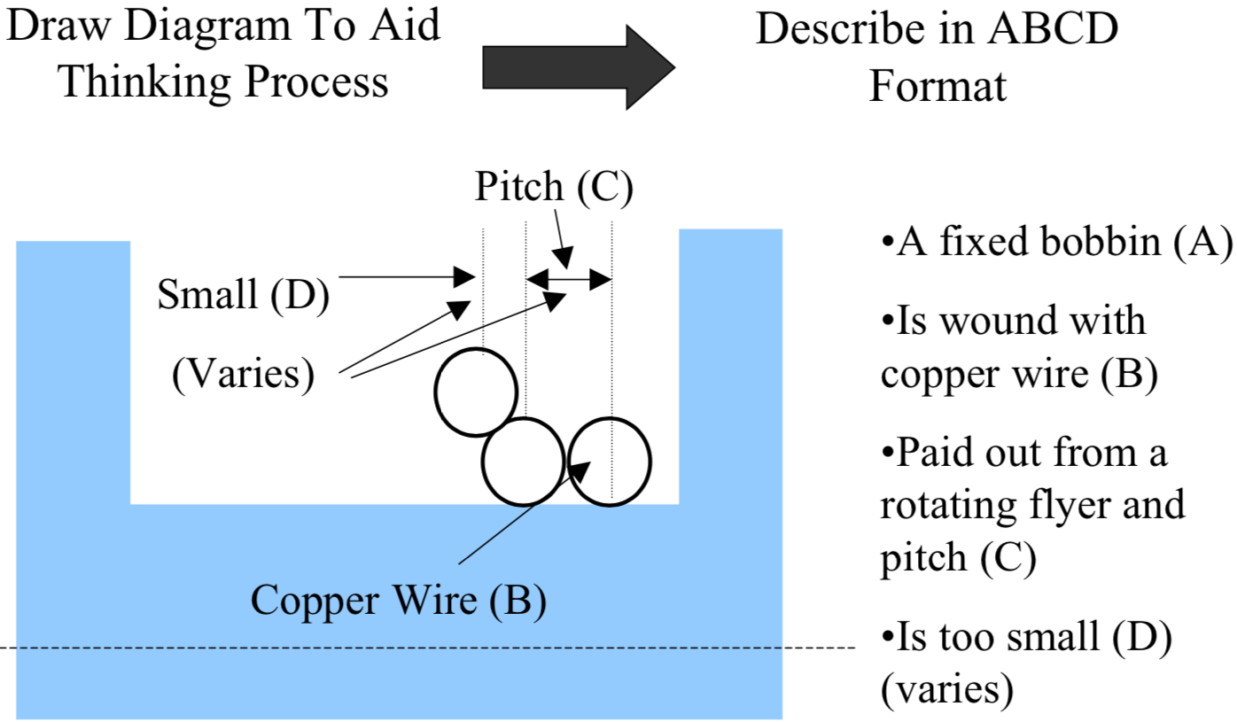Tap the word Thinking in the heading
point(146,82)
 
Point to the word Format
point(937,86)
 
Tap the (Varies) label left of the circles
point(243,374)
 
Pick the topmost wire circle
point(475,392)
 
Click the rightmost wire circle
point(610,461)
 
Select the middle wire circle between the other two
point(523,461)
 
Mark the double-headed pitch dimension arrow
point(569,280)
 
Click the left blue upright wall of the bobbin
point(74,372)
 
